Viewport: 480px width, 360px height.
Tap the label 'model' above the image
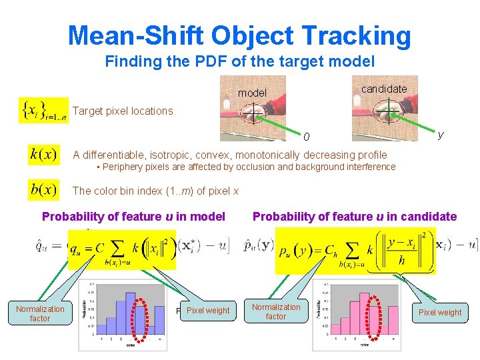252,93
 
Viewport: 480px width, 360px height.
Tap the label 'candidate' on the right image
383,89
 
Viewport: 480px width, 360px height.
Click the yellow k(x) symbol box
43,155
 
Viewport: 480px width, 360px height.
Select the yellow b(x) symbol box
43,190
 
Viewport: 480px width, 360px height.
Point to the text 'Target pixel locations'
122,111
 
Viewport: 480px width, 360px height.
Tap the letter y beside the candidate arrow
440,135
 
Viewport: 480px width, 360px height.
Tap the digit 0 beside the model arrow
306,137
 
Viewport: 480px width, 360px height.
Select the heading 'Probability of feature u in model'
133,216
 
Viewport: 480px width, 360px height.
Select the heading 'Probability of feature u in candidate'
354,216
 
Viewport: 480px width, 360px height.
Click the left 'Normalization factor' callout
40,313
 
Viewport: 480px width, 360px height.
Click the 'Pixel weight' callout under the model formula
207,311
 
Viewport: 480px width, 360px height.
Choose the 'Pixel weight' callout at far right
440,312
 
